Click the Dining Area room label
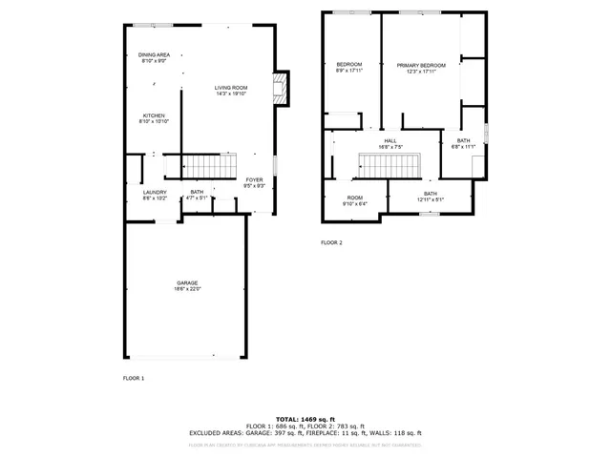pos(154,55)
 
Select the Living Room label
pos(231,88)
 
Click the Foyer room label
pos(254,179)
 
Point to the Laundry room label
pos(155,192)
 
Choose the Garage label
pos(186,281)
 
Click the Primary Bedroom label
pos(421,65)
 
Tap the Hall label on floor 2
pos(390,140)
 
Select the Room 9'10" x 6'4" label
pos(354,198)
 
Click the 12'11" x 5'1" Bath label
pos(430,194)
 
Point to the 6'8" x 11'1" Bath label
pos(462,140)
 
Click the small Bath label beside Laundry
pos(197,192)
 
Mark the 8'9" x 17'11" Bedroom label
pos(348,64)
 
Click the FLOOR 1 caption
pos(134,379)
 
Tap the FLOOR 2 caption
pos(331,243)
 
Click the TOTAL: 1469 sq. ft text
pos(305,419)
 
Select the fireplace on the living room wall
pos(281,91)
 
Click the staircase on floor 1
pos(208,167)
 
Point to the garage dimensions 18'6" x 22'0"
pos(187,287)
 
